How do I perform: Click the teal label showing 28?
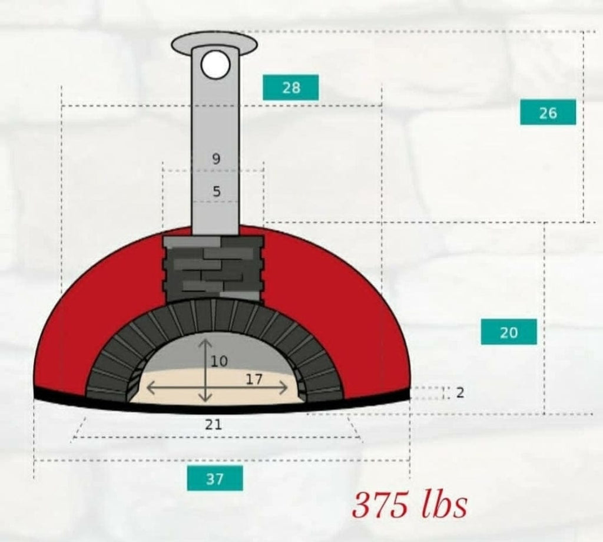(x=290, y=87)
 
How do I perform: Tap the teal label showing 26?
(x=548, y=112)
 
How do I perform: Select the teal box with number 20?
(x=509, y=332)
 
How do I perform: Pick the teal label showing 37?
(x=215, y=478)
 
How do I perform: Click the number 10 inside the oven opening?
(x=219, y=361)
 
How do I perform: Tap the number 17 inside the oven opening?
(x=254, y=379)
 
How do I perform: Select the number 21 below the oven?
(x=213, y=424)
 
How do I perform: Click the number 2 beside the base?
(x=460, y=392)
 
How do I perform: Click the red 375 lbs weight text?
(x=410, y=504)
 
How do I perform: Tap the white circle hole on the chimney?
(x=215, y=65)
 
